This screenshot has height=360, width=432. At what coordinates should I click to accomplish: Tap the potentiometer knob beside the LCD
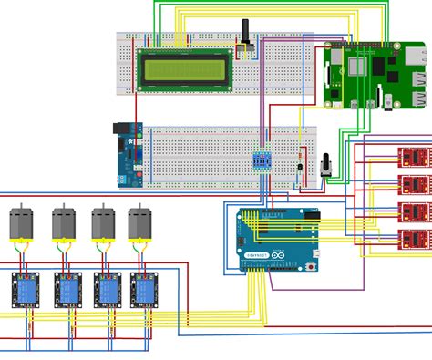pyautogui.click(x=243, y=43)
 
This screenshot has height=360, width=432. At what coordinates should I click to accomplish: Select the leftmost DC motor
pyautogui.click(x=22, y=225)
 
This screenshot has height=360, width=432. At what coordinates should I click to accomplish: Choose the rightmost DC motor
pyautogui.click(x=139, y=225)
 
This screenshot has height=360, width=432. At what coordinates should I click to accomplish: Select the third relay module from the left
pyautogui.click(x=105, y=289)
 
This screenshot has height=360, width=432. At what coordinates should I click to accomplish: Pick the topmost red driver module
pyautogui.click(x=412, y=157)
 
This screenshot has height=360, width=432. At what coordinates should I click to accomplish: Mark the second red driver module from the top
pyautogui.click(x=412, y=184)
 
